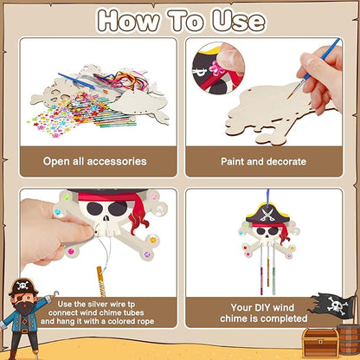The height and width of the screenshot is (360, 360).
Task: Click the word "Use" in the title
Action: pyautogui.click(x=239, y=20)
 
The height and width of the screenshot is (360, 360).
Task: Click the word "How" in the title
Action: pyautogui.click(x=128, y=20)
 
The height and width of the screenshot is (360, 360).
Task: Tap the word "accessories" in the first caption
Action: pyautogui.click(x=117, y=161)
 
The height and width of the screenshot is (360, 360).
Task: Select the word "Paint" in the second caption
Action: pyautogui.click(x=233, y=162)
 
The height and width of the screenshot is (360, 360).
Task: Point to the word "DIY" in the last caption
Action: pyautogui.click(x=262, y=307)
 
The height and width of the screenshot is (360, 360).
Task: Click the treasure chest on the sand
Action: pyautogui.click(x=320, y=343)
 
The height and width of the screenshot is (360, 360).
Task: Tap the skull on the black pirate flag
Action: pyautogui.click(x=335, y=305)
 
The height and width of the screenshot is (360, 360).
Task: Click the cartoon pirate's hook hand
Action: pyautogui.click(x=55, y=293)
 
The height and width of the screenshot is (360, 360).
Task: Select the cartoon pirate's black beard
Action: pyautogui.click(x=23, y=307)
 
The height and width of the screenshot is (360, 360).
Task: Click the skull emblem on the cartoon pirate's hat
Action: pyautogui.click(x=22, y=286)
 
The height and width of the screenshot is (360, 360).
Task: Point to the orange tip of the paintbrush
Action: pyautogui.click(x=290, y=95)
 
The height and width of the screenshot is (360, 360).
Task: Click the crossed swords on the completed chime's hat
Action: pyautogui.click(x=266, y=215)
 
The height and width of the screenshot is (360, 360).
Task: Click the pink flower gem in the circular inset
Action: pyautogui.click(x=215, y=67)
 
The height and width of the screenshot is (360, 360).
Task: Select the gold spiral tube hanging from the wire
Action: pyautogui.click(x=101, y=281)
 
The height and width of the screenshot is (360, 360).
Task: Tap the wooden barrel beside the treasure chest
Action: pyautogui.click(x=349, y=339)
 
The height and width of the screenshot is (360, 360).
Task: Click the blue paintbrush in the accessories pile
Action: pyautogui.click(x=76, y=81)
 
